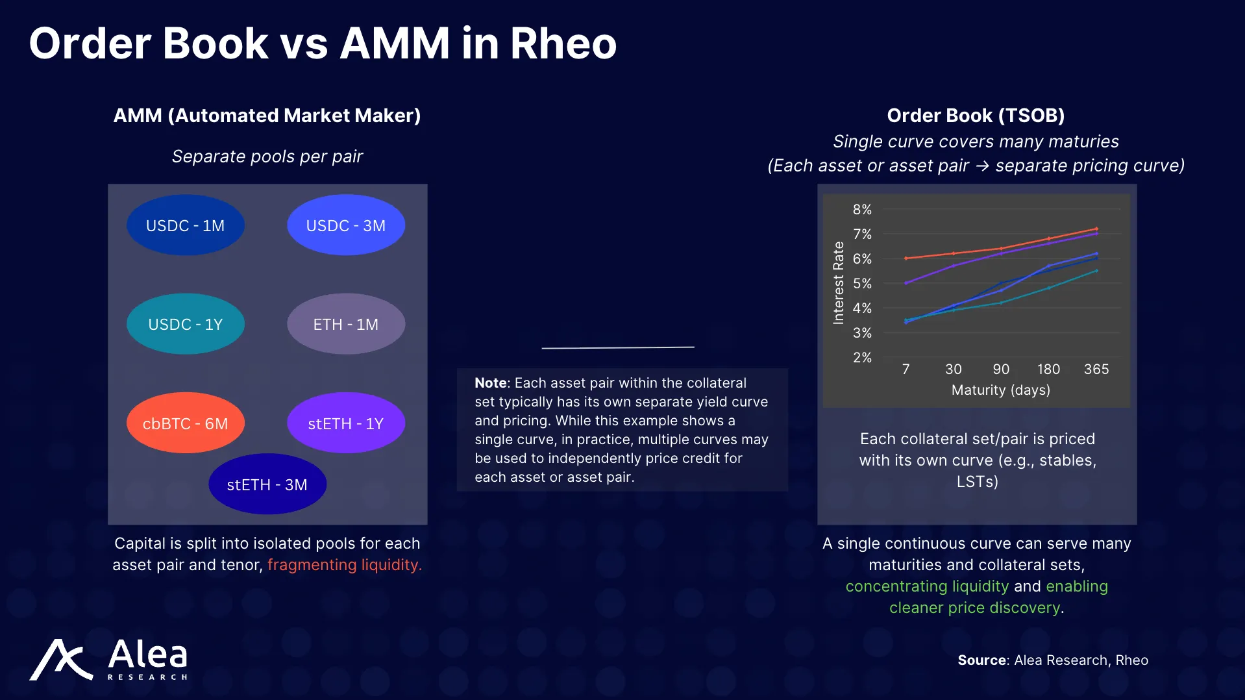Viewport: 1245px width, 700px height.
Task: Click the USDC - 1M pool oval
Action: pos(185,225)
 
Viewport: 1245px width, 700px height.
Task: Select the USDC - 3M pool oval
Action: pos(345,225)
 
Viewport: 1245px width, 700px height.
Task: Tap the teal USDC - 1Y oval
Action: pos(185,324)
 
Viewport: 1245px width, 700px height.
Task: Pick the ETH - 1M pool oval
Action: pos(345,324)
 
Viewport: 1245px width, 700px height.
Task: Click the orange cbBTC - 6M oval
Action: pos(185,423)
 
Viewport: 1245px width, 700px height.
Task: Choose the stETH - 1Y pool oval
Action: pos(345,423)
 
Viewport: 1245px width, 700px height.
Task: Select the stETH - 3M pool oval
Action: pos(267,484)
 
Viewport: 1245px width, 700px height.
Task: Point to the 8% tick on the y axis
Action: pos(862,210)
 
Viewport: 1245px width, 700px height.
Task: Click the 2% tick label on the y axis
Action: pos(862,358)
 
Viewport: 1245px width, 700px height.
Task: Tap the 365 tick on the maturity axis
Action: pos(1096,369)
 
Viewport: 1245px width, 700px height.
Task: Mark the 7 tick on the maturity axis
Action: pos(906,369)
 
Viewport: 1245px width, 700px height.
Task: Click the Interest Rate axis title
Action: pos(839,283)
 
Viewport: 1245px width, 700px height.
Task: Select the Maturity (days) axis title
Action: pos(1000,390)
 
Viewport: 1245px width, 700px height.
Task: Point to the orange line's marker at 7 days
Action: pos(906,258)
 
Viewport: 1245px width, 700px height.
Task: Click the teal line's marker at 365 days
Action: pos(1096,271)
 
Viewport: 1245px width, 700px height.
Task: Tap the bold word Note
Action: pos(490,383)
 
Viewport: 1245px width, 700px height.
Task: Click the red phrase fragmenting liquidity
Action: pos(344,565)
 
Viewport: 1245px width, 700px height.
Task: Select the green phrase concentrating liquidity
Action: pos(927,586)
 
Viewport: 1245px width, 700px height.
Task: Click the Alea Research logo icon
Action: pos(61,660)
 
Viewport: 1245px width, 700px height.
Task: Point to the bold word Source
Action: pos(981,660)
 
